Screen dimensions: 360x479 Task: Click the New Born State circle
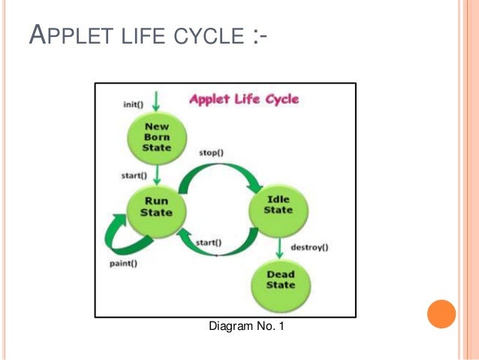157,138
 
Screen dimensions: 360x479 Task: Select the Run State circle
155,207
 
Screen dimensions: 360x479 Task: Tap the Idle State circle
278,204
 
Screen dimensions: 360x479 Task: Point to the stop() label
211,153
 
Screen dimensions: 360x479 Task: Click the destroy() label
309,247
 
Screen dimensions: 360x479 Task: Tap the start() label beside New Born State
133,176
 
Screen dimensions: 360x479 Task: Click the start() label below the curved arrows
209,242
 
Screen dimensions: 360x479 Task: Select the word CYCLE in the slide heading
203,36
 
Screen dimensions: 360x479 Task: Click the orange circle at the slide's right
441,313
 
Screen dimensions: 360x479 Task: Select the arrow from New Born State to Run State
156,175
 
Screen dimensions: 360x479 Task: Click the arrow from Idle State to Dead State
279,246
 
